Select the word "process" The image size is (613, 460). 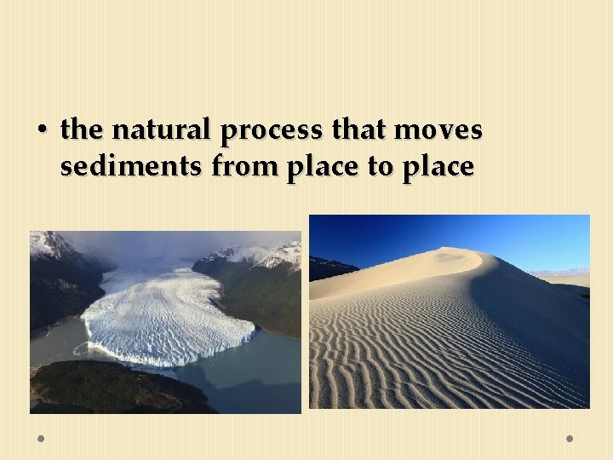[x=271, y=131]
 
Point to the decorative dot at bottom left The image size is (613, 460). [x=41, y=439]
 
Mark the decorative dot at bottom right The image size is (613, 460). [x=570, y=439]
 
